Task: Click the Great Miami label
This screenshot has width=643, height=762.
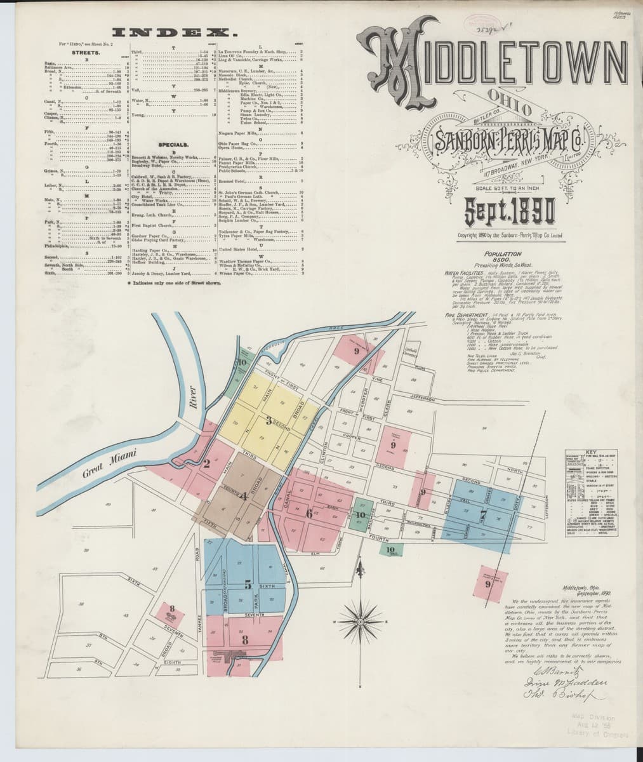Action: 101,467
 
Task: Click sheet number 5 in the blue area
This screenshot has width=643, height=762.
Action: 248,584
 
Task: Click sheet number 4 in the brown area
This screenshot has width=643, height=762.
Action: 244,496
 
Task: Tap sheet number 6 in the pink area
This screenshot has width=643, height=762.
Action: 309,512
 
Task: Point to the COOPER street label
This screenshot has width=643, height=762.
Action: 352,437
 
